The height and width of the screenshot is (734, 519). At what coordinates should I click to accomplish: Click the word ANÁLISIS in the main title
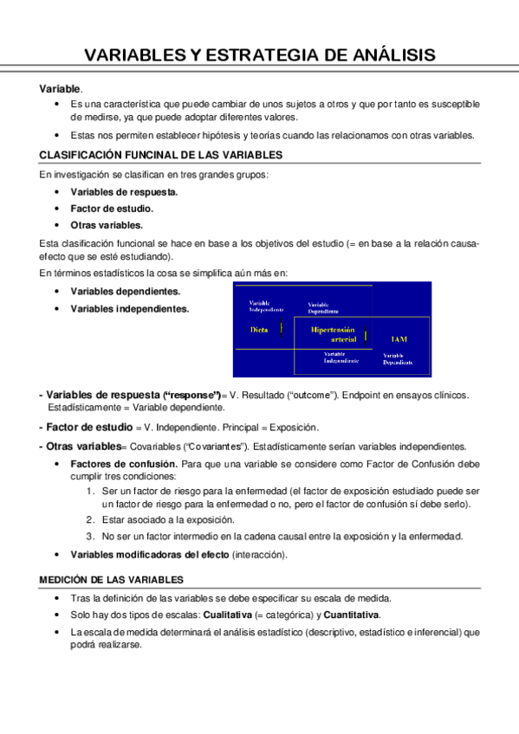tap(387, 56)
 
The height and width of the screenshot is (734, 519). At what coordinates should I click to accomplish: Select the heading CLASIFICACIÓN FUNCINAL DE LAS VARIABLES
tap(160, 155)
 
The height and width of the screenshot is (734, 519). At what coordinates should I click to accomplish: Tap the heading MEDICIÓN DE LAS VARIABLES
tap(112, 579)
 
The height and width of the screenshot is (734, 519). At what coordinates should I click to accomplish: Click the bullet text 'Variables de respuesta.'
tap(124, 192)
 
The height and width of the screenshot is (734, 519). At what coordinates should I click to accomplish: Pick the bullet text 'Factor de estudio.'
tap(112, 209)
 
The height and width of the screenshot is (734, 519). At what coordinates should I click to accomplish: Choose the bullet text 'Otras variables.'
tap(107, 224)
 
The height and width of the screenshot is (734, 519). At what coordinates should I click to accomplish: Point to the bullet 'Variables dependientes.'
tap(126, 292)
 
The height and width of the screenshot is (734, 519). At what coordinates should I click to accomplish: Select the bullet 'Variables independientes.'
tap(129, 308)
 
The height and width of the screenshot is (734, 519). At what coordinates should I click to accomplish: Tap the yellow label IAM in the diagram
tap(399, 339)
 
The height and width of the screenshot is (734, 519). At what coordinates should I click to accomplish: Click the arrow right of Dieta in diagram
tap(282, 330)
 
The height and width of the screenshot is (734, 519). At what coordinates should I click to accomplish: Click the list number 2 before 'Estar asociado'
tap(90, 519)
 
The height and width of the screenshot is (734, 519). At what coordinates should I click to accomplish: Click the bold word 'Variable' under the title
tap(59, 88)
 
